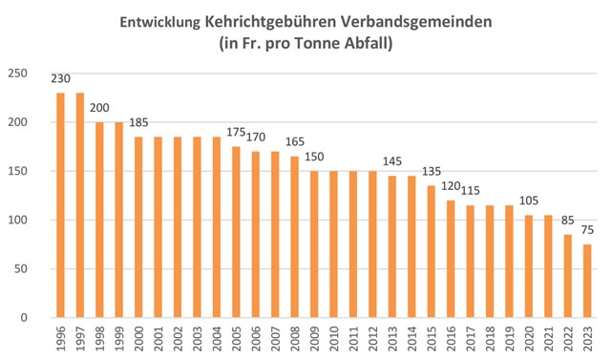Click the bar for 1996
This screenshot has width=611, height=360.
pyautogui.click(x=60, y=205)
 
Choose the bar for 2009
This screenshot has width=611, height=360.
pyautogui.click(x=313, y=244)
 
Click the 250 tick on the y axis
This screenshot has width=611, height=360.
pyautogui.click(x=17, y=74)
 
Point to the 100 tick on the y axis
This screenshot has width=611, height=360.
pyautogui.click(x=17, y=221)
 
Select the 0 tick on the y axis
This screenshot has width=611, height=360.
pyautogui.click(x=24, y=318)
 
